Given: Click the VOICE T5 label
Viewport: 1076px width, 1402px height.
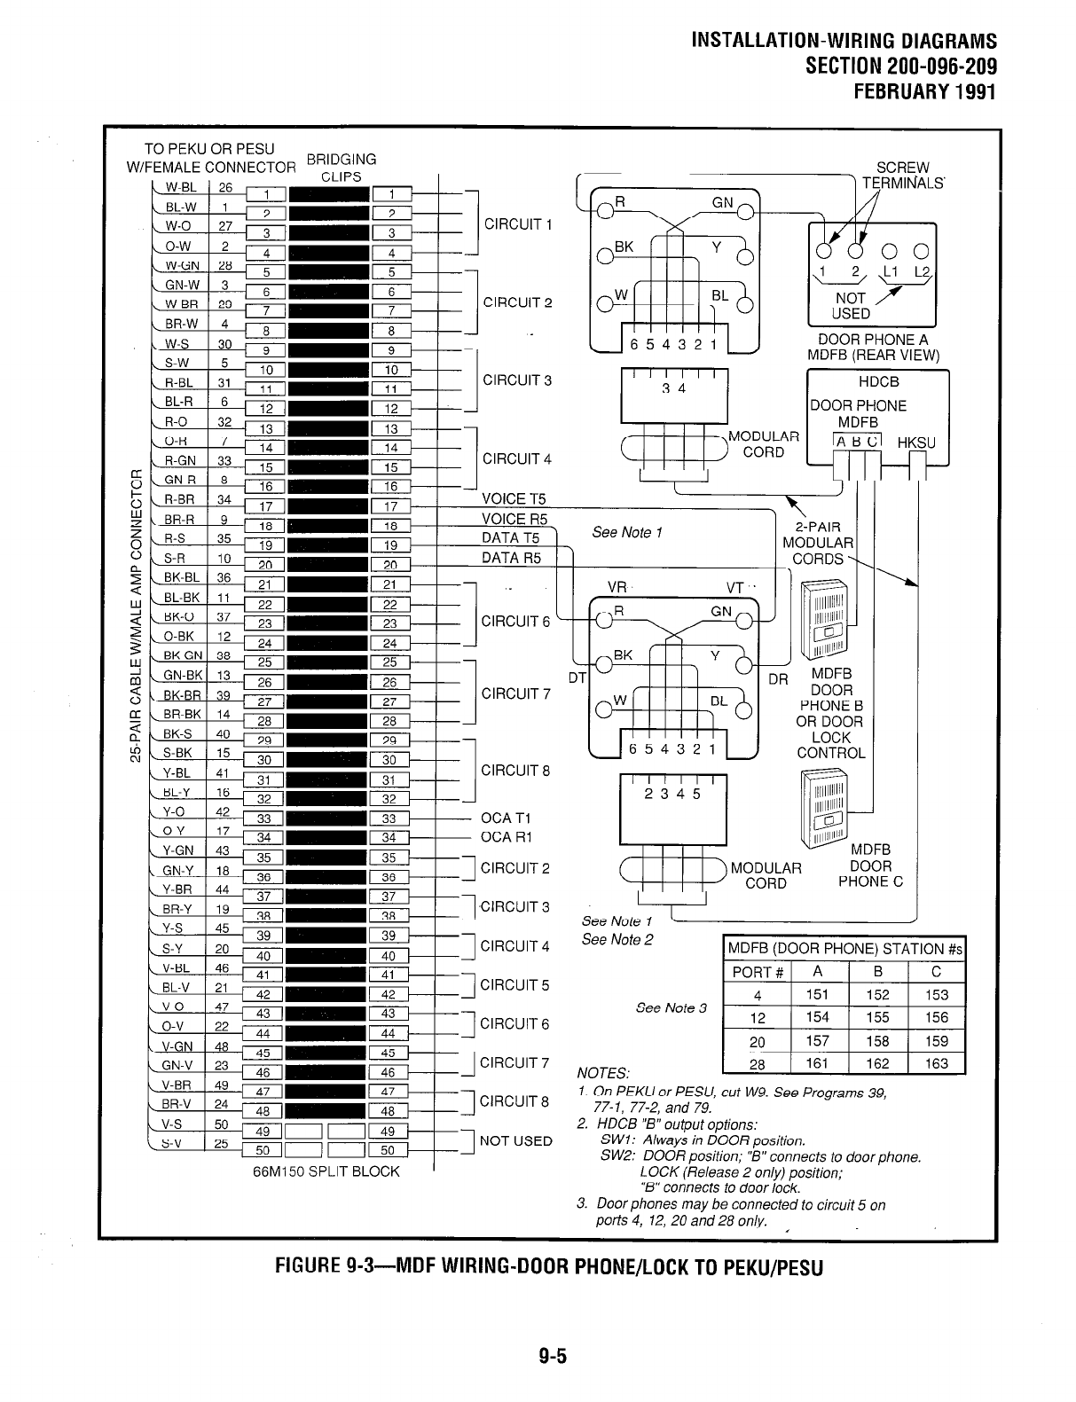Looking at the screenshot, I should (514, 499).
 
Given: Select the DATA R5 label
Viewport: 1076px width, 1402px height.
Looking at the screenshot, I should (510, 559).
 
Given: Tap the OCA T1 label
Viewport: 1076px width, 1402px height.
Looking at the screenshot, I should (505, 818).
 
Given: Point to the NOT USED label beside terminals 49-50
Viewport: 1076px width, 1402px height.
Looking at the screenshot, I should (515, 1140).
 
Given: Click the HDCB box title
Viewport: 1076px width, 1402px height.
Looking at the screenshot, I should (878, 381).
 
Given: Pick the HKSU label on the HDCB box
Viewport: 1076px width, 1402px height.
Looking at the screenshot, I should (916, 443).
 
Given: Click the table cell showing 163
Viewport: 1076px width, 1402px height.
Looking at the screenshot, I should (936, 1063).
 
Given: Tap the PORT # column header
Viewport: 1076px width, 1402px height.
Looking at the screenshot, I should (758, 972).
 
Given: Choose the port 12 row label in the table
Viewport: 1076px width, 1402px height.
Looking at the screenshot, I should (758, 1018).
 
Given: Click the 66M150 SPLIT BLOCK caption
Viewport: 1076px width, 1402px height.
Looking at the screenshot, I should (326, 1171).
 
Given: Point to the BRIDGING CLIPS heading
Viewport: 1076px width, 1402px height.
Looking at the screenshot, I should (342, 168).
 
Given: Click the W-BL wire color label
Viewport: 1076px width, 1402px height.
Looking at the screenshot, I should (179, 187).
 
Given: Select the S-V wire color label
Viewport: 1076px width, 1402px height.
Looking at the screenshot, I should (179, 1143).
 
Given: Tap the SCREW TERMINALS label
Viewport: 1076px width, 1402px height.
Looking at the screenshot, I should (902, 176).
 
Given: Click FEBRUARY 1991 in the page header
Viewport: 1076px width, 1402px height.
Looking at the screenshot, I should (923, 91).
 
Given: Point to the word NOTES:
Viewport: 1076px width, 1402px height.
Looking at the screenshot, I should (603, 1073).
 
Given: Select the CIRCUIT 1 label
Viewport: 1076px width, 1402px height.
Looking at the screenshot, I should (518, 223).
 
